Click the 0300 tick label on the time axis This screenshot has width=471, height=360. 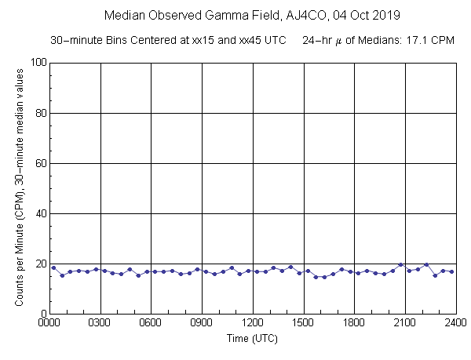coord(100,322)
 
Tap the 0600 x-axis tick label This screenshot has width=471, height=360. coord(151,322)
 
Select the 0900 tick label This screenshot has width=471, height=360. coord(202,322)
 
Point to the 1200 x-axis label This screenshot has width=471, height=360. coord(253,322)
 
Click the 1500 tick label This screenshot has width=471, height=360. coord(304,322)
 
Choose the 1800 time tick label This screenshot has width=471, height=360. coord(354,322)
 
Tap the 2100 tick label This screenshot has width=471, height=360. coord(405,322)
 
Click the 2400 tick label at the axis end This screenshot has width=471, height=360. coord(455,322)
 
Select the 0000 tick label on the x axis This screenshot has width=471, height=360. coord(49,322)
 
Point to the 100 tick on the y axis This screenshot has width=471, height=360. coord(36,63)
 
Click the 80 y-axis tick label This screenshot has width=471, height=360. coord(38,113)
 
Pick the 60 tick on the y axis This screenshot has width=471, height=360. coord(38,163)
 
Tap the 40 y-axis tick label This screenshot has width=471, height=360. coord(38,213)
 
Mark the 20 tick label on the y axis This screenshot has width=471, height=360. coord(38,264)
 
